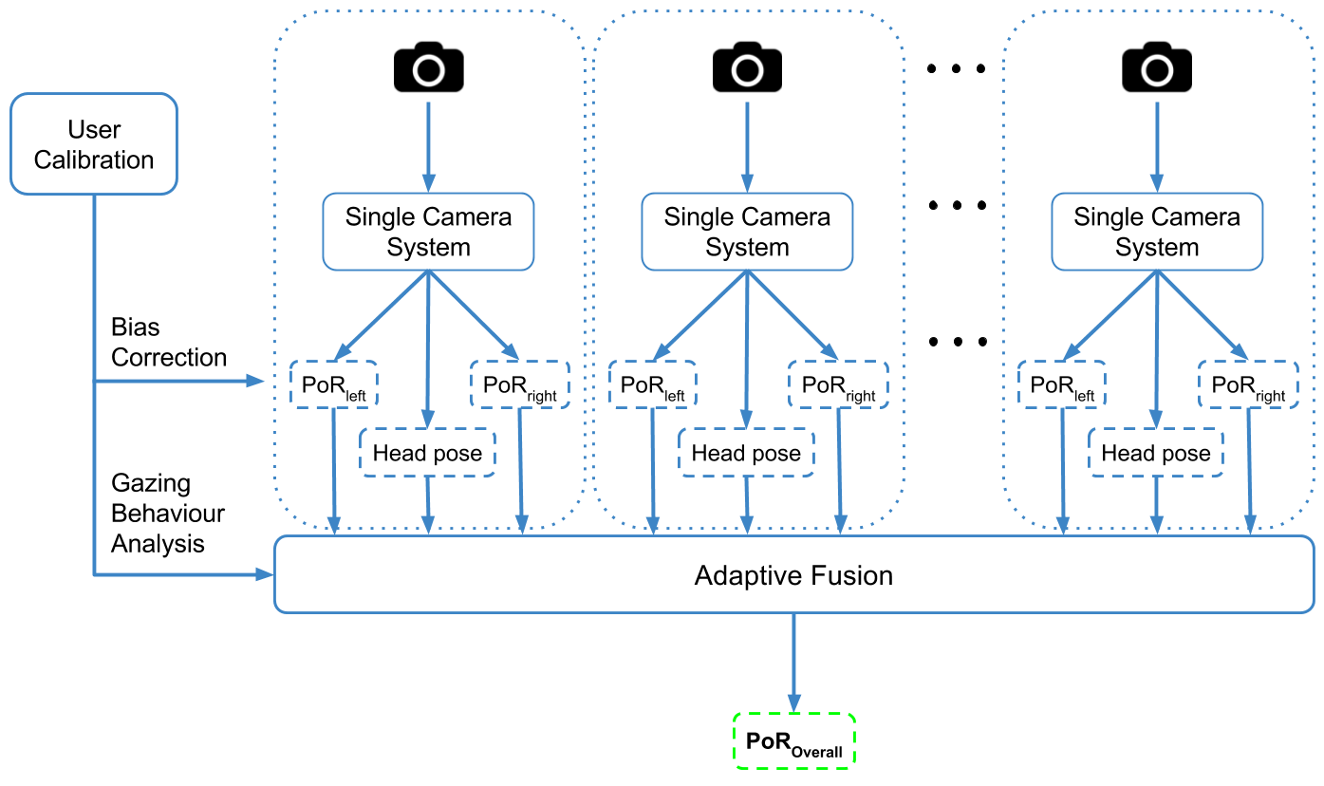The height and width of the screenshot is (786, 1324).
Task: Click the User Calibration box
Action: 93,143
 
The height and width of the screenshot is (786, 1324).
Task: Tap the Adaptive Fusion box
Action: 793,574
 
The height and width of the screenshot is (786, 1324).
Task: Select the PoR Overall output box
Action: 793,740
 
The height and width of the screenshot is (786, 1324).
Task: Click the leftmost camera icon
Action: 429,66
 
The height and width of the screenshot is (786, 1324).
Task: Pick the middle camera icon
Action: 747,66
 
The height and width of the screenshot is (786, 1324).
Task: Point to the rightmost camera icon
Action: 1156,66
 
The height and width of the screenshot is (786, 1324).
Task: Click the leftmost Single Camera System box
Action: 428,232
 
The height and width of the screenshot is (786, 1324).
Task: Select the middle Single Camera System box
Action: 747,232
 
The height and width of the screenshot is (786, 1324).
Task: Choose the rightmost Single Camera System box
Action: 1156,232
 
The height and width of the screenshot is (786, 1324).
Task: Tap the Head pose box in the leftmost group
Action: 427,453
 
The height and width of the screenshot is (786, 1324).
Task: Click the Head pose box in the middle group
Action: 746,453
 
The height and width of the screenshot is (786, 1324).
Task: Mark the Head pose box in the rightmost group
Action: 1155,453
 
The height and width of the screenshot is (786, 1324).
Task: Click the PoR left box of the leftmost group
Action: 333,385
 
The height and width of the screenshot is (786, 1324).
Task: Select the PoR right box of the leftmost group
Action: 520,385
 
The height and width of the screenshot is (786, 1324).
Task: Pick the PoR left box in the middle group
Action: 652,385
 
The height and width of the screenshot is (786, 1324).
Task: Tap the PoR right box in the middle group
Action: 839,385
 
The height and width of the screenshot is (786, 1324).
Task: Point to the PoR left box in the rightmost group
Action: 1062,385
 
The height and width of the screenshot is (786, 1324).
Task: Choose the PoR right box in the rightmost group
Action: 1248,385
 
